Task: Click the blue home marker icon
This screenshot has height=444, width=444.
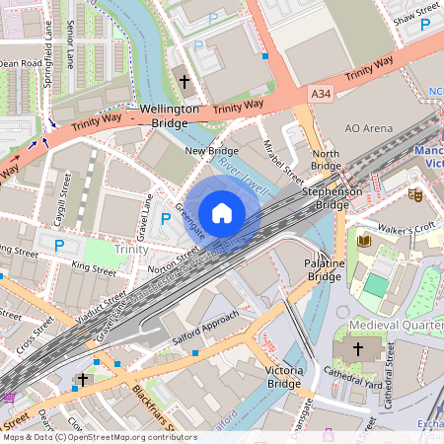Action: click(x=222, y=212)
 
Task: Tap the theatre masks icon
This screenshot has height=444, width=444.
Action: click(x=415, y=195)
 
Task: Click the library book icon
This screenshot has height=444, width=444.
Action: click(x=363, y=242)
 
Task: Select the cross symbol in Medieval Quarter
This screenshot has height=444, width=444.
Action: click(x=358, y=349)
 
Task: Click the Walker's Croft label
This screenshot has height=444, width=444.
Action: click(x=411, y=226)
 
